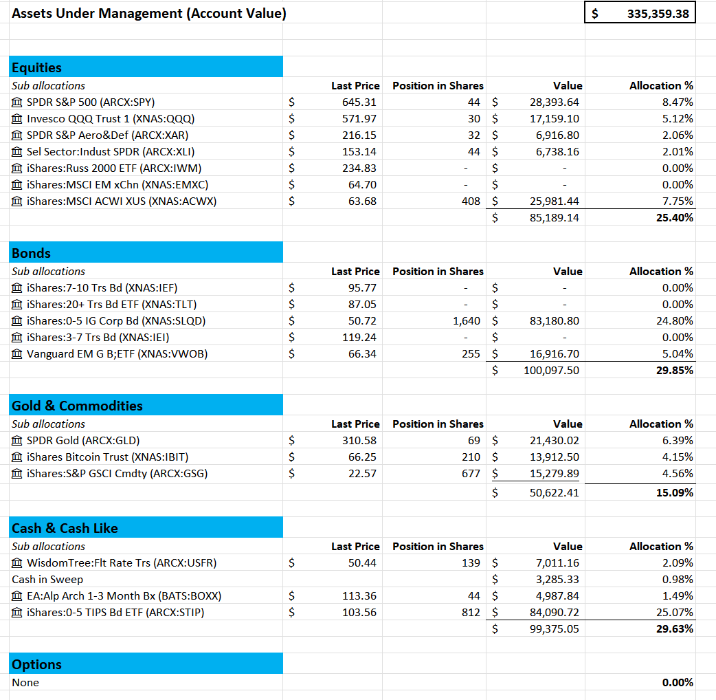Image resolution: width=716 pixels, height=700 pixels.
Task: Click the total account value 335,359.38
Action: click(x=658, y=13)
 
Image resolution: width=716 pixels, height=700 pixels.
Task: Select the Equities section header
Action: click(x=37, y=67)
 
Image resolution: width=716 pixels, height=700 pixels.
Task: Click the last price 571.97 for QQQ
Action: click(x=361, y=118)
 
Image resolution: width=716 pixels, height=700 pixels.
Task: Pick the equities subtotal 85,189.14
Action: click(x=555, y=217)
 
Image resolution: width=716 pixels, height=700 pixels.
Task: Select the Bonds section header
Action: click(x=32, y=253)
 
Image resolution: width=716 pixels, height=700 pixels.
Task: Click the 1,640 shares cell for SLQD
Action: click(x=467, y=320)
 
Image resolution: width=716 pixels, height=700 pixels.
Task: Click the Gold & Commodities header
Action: click(x=77, y=406)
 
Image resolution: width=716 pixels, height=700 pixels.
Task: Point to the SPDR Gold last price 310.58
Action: click(x=361, y=440)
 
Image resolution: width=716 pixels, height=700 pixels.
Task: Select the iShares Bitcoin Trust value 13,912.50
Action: click(x=555, y=457)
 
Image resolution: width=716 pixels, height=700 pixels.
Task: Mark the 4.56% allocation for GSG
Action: click(x=678, y=473)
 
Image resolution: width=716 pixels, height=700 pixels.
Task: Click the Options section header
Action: click(x=37, y=664)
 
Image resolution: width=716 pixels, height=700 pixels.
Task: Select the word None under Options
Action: click(x=25, y=682)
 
